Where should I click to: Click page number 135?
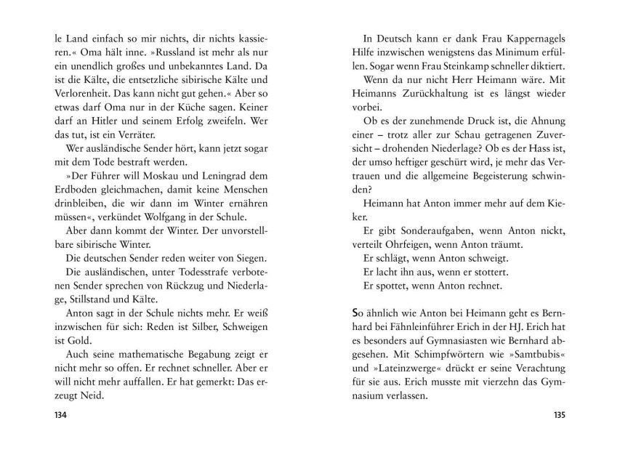pos(558,415)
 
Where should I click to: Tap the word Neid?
pos(94,396)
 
